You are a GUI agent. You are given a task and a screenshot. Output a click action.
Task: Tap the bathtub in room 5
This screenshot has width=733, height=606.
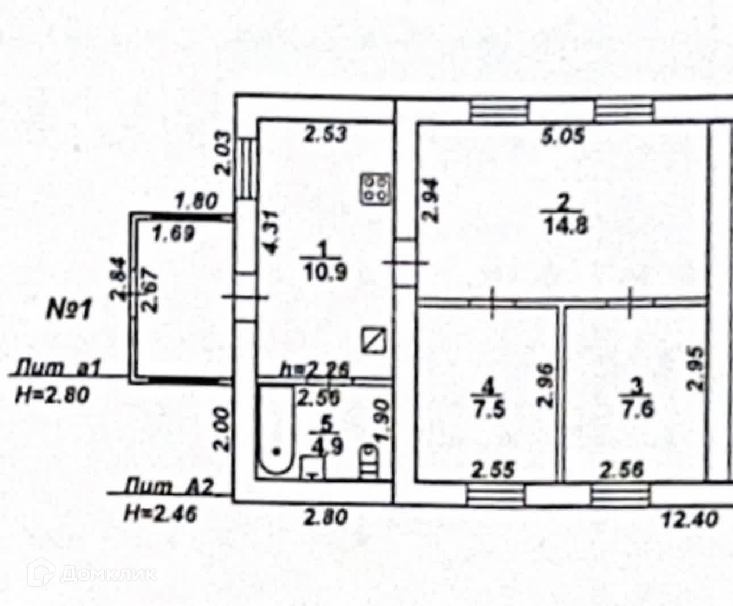pyautogui.click(x=276, y=432)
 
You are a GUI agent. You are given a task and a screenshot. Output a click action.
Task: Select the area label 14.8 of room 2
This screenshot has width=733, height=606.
pyautogui.click(x=564, y=225)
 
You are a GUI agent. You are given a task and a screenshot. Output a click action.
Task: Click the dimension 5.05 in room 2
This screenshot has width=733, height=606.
pyautogui.click(x=563, y=137)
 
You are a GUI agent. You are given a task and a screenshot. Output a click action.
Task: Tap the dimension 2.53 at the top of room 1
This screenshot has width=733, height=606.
pyautogui.click(x=324, y=136)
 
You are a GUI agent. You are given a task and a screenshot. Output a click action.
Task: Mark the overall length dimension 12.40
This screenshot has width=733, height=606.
pyautogui.click(x=690, y=519)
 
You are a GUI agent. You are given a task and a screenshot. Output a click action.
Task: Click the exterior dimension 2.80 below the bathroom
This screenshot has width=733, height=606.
pyautogui.click(x=324, y=518)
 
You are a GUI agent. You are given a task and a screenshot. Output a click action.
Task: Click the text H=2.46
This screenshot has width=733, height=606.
pyautogui.click(x=160, y=515)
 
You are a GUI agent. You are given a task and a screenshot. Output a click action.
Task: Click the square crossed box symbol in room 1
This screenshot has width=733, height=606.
pyautogui.click(x=374, y=341)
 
